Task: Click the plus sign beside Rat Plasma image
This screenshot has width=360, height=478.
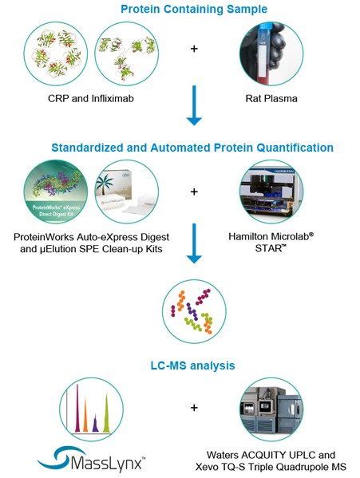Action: pos(193,49)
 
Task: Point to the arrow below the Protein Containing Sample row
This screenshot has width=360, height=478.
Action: pos(193,117)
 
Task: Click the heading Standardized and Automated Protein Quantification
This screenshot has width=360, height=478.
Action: pos(192,148)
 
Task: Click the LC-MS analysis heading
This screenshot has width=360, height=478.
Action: pos(192,365)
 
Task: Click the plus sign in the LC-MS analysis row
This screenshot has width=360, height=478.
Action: pos(193,409)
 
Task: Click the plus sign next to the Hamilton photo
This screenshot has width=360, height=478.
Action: pos(193,192)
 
